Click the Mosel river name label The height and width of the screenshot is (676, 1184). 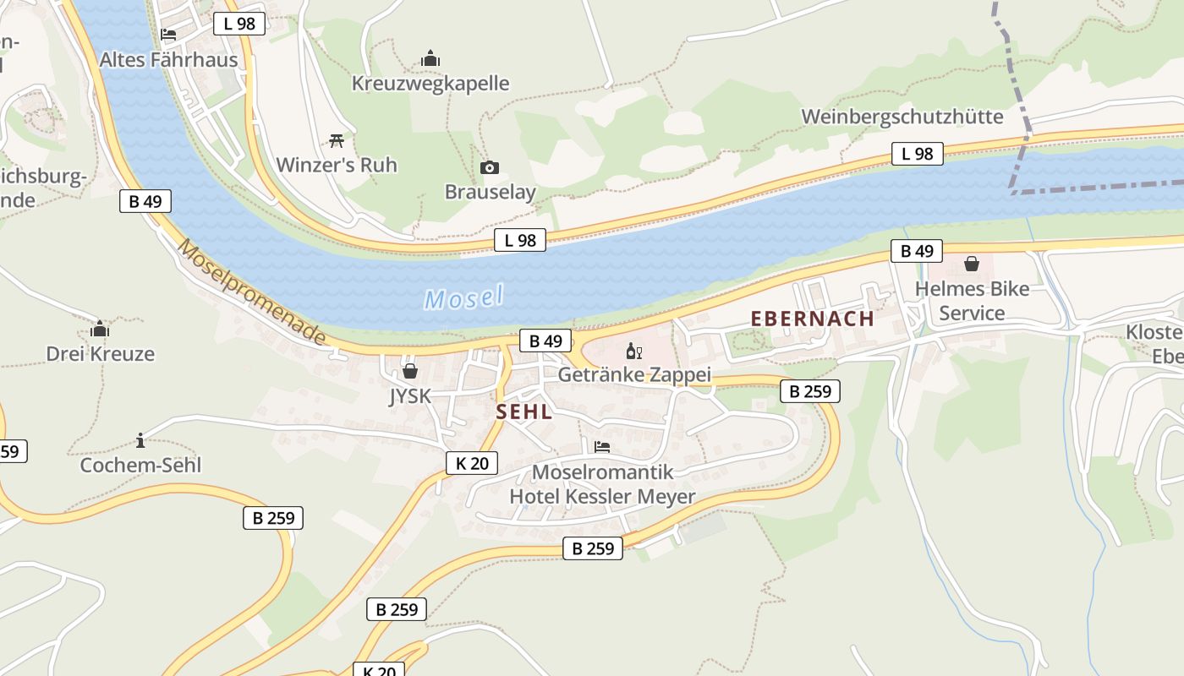tap(463, 297)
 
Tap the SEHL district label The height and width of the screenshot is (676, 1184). tap(523, 412)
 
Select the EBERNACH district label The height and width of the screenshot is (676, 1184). tap(812, 319)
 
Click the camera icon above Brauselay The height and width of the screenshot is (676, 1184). tap(489, 168)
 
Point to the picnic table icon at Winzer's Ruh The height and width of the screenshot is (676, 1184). tap(337, 140)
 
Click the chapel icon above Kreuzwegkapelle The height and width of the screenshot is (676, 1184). tap(430, 59)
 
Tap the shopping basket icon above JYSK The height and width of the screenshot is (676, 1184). tap(410, 371)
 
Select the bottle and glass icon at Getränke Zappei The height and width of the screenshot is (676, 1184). tap(633, 351)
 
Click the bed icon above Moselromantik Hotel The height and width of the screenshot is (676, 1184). tap(601, 446)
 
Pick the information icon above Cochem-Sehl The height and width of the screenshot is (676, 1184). tap(140, 440)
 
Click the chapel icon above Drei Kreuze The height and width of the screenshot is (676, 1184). tap(100, 329)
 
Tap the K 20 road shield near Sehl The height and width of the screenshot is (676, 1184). tap(471, 463)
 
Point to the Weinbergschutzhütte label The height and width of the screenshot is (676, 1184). tap(902, 117)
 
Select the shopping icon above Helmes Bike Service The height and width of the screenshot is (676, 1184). tap(972, 264)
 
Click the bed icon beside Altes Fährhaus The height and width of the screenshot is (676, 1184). tap(168, 35)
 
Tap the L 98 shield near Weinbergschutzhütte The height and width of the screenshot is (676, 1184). tap(917, 154)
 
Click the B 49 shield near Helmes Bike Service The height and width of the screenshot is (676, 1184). tap(917, 251)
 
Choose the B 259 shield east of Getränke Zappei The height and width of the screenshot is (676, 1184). tap(809, 391)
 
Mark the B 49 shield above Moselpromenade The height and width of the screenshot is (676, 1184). tap(145, 201)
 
